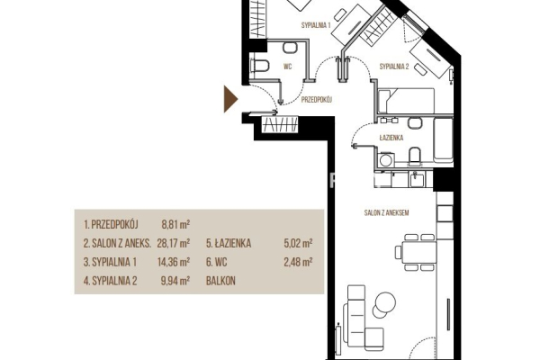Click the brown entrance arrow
pos(229,99)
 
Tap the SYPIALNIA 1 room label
pos(316,25)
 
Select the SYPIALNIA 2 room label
pos(394,67)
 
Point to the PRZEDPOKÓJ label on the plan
pos(317,100)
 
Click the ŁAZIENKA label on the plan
pos(391,138)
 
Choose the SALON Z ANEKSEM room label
pos(386,212)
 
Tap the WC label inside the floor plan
pos(287,67)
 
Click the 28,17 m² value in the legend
pos(174,243)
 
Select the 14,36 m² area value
pos(174,262)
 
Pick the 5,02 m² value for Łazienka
pos(298,243)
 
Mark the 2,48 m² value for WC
pos(298,262)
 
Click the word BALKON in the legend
pos(220,281)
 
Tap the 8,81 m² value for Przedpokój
pos(175,224)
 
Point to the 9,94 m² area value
pos(175,281)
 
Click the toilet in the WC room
pos(260,67)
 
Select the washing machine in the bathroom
pos(386,159)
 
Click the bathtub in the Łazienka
pos(443,139)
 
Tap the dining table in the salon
pos(419,252)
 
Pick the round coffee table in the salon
pos(384,302)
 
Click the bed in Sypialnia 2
pos(406,101)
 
